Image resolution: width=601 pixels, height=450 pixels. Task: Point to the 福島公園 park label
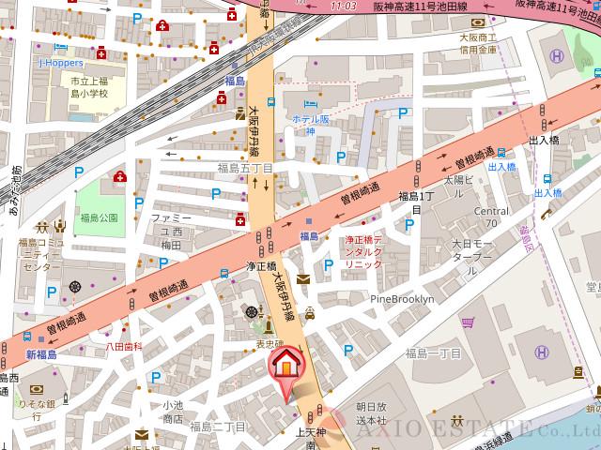tap(100, 217)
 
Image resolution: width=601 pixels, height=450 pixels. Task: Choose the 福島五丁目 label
tap(245, 169)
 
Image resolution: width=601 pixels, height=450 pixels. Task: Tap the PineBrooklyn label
tap(403, 299)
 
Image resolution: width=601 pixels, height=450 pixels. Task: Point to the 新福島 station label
tap(41, 355)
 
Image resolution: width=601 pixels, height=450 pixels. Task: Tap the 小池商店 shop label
tap(172, 412)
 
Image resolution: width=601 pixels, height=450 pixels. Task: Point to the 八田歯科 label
tap(123, 346)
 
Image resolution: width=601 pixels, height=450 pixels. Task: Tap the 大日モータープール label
tap(471, 250)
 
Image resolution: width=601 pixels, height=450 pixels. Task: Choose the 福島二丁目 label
tap(217, 427)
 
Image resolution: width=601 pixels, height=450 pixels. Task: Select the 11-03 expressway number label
tap(345, 7)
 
